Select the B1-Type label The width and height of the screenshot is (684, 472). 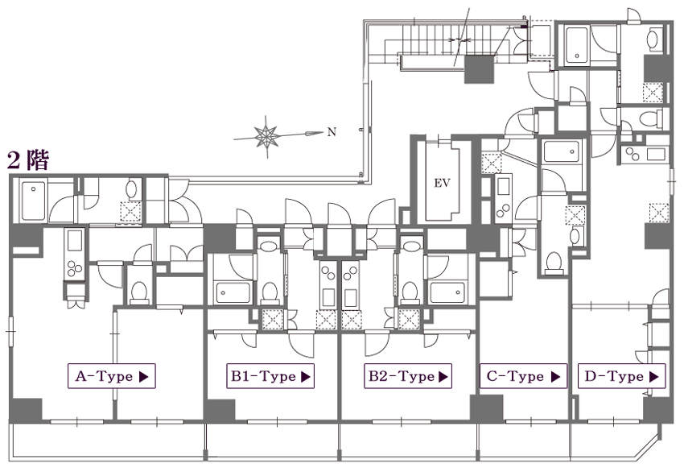270,375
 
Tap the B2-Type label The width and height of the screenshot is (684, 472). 408,375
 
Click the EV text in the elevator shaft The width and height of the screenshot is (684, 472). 441,183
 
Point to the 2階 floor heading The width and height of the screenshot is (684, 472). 27,159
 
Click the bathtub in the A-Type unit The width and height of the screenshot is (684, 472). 34,199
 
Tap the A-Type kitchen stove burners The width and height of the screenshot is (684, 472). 75,268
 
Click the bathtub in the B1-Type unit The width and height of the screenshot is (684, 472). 233,291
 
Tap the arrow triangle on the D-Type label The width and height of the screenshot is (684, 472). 654,376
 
